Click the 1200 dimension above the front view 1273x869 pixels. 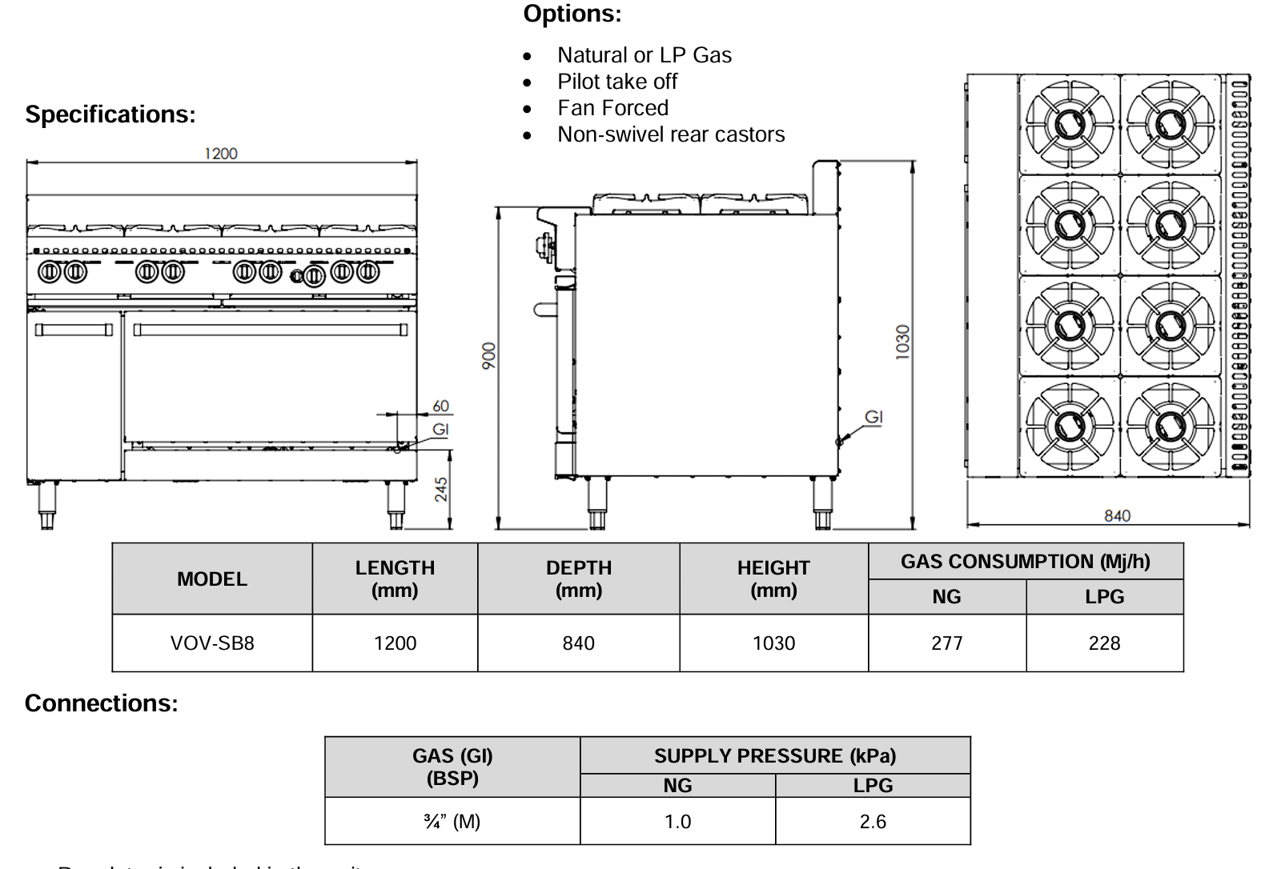coord(221,154)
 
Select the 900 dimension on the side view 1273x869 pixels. coord(488,355)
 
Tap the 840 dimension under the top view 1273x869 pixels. coord(1117,515)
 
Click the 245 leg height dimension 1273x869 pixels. coord(441,490)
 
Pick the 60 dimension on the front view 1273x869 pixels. coord(441,406)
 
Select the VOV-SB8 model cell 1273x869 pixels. coord(212,643)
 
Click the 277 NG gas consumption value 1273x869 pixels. coord(946,643)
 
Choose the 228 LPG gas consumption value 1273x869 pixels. coord(1104,643)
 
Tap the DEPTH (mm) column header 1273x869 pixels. coord(578,579)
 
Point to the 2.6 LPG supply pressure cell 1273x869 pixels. coord(873,822)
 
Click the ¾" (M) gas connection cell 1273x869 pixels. coord(452,822)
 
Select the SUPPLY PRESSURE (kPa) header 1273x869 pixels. coord(774,756)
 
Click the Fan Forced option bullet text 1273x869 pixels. coord(612,108)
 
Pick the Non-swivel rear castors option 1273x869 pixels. coord(671,134)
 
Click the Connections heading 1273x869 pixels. coord(102,703)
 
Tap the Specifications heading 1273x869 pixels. coord(110,114)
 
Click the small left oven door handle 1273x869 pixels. coord(74,330)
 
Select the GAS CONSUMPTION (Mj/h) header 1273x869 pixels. coord(1025,562)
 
